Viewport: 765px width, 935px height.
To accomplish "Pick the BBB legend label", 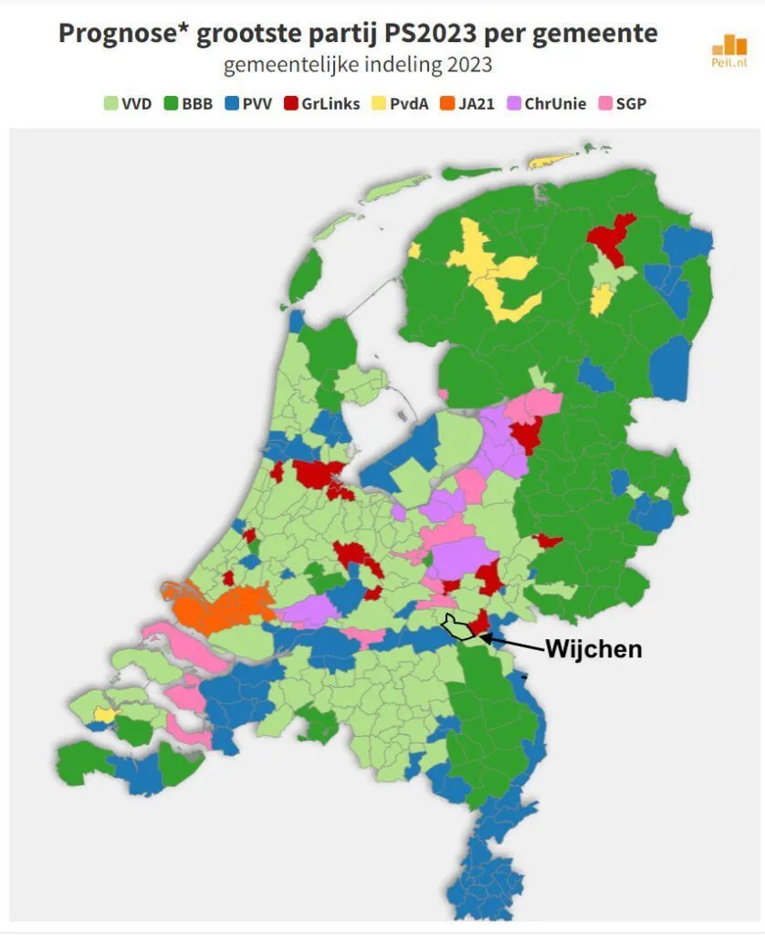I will [196, 103].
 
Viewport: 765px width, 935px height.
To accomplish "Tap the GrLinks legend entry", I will [323, 103].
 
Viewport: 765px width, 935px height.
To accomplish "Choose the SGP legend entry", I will [630, 103].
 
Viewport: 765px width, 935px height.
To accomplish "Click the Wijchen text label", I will [593, 649].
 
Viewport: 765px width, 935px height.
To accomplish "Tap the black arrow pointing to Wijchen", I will [516, 644].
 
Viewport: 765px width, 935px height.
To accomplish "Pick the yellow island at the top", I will [551, 162].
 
